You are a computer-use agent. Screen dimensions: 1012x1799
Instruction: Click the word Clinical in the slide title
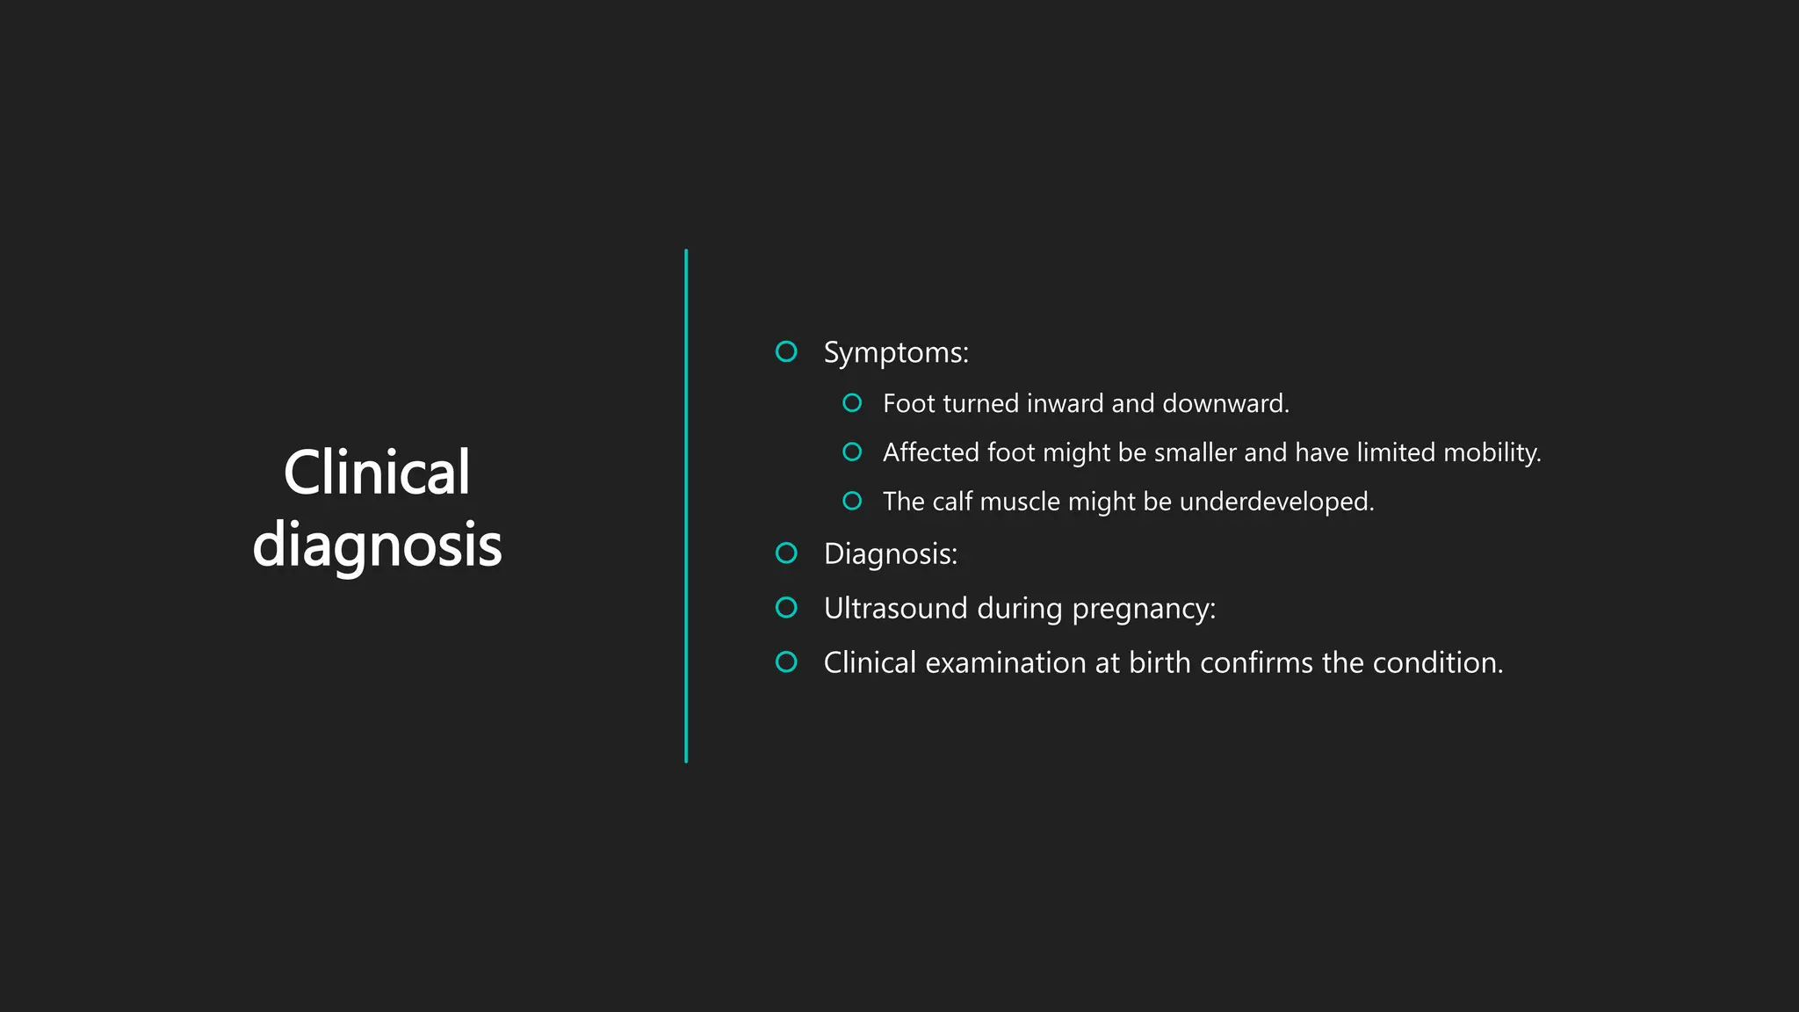tap(377, 473)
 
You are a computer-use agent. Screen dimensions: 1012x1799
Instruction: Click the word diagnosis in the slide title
tap(377, 546)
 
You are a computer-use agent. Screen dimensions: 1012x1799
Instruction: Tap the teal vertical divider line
tap(686, 506)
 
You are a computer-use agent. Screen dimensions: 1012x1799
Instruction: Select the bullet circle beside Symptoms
tap(786, 351)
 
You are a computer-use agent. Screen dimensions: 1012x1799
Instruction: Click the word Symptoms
tap(895, 353)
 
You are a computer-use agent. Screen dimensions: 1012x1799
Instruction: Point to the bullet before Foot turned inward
tap(851, 403)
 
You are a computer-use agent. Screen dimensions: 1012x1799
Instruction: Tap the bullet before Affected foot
tap(851, 452)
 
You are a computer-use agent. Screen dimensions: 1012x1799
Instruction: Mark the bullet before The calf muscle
tap(851, 502)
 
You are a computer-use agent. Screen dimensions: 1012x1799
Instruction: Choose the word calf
tap(951, 502)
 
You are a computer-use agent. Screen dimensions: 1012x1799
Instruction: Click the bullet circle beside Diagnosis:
tap(786, 553)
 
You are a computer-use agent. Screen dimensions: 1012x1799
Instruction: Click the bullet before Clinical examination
tap(786, 662)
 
